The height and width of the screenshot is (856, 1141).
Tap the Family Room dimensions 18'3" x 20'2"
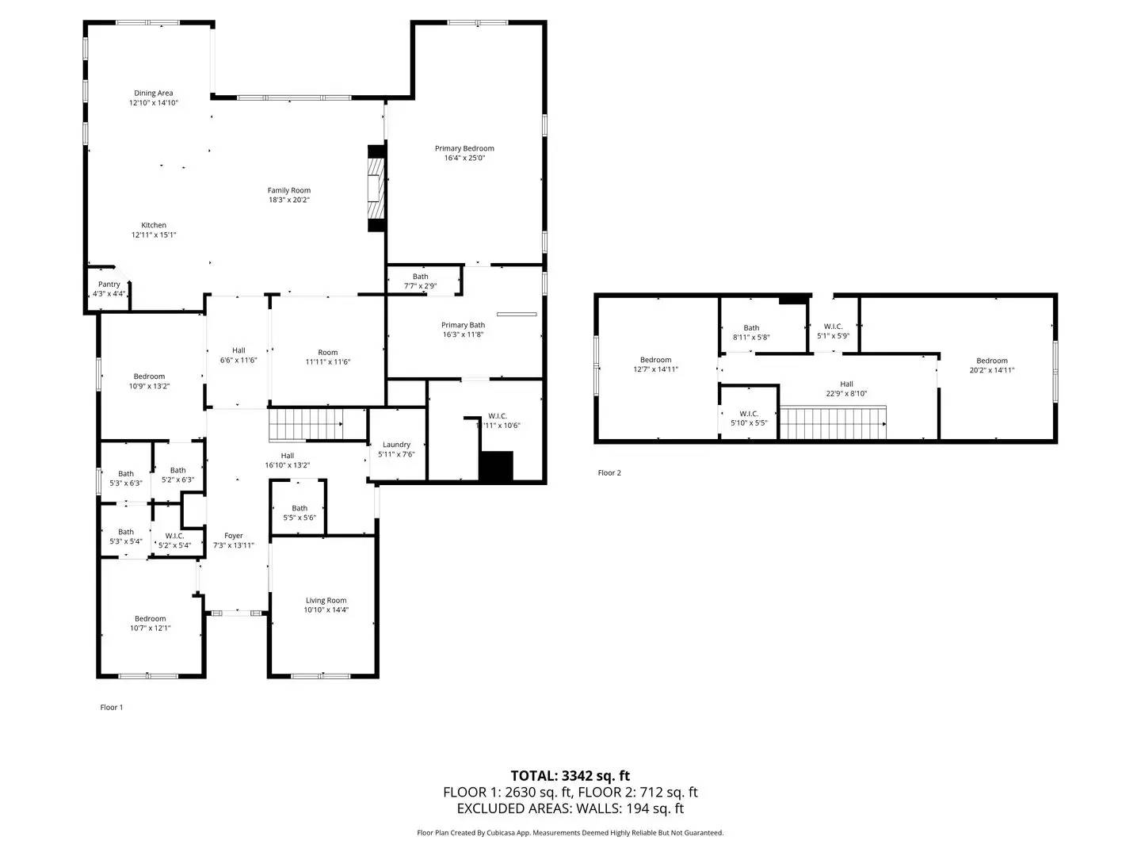pos(289,200)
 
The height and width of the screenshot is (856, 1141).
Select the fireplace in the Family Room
pos(376,188)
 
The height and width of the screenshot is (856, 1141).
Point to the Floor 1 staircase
pos(306,425)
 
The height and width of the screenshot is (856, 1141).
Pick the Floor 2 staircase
pos(833,422)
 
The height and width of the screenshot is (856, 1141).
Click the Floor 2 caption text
pos(609,472)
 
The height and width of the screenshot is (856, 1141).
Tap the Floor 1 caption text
pos(112,707)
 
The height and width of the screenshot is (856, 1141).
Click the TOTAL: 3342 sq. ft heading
pos(570,776)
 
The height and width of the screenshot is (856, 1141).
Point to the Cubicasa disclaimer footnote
pos(570,832)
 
